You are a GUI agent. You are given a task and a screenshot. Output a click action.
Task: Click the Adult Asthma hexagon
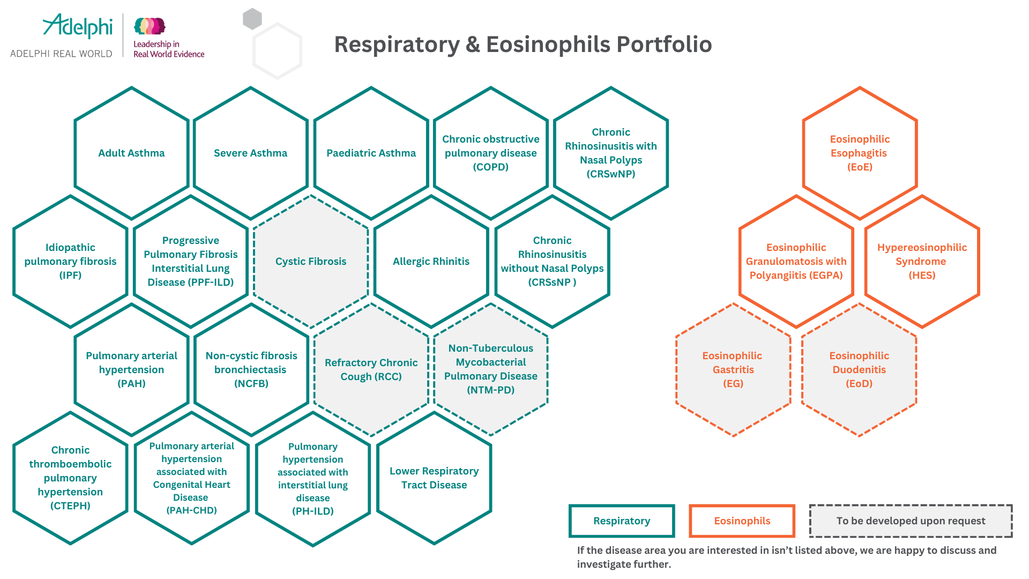131,153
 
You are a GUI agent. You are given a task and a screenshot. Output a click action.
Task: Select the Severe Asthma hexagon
250,153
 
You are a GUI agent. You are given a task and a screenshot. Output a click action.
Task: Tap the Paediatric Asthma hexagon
371,153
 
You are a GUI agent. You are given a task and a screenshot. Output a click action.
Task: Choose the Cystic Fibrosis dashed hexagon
311,262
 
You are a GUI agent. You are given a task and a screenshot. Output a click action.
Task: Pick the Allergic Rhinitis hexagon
431,262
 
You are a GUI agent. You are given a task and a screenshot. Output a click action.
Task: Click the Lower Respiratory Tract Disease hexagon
434,478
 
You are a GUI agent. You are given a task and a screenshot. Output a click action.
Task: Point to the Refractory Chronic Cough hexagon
371,369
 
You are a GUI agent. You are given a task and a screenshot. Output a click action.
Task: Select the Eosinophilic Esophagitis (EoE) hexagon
860,153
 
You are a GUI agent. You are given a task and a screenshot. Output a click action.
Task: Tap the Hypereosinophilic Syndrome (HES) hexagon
922,262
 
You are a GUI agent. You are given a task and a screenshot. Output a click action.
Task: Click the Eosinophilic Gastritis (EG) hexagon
733,369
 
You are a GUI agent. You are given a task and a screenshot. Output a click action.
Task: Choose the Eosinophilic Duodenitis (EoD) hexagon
859,369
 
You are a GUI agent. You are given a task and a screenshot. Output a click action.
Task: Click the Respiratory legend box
622,521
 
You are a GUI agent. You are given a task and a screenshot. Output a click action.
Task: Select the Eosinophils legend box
742,521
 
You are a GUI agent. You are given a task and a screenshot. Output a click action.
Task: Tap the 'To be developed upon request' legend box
911,521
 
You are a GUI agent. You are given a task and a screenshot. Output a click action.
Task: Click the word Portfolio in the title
664,44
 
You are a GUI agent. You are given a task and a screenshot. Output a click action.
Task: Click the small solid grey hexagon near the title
252,19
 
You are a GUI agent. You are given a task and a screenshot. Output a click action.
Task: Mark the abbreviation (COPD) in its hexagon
490,167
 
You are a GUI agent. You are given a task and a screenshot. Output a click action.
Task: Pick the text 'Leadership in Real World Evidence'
168,49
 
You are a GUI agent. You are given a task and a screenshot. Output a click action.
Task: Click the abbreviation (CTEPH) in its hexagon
70,506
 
